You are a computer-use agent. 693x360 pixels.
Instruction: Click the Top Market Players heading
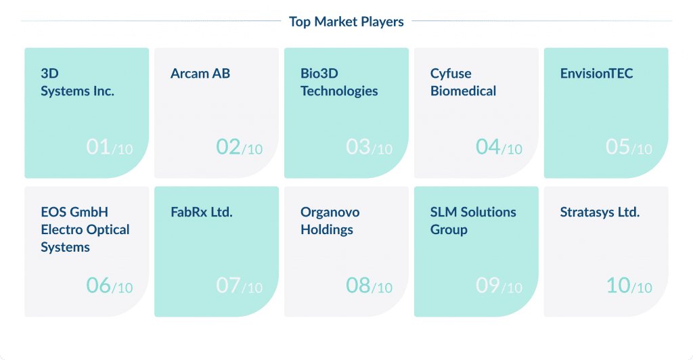(x=346, y=22)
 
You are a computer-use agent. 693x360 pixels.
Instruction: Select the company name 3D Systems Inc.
(x=77, y=83)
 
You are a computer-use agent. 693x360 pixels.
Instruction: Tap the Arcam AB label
(x=200, y=74)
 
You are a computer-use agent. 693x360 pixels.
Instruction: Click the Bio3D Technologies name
(x=339, y=83)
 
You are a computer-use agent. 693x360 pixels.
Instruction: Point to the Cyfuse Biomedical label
(x=463, y=83)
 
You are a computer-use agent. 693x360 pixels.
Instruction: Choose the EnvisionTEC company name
(x=596, y=74)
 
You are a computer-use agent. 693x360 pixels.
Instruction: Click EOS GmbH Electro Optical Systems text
(x=85, y=230)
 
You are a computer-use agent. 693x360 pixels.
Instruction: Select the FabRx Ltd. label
(x=202, y=212)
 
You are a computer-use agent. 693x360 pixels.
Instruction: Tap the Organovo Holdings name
(x=330, y=221)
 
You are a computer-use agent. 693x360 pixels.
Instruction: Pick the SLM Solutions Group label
(x=473, y=221)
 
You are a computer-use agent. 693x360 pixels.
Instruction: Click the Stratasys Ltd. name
(x=600, y=212)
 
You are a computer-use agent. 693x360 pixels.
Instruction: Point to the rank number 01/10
(x=109, y=147)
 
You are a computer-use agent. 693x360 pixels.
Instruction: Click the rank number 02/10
(x=239, y=147)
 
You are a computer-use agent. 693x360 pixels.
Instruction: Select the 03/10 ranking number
(x=369, y=147)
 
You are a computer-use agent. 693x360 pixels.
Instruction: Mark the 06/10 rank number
(x=109, y=286)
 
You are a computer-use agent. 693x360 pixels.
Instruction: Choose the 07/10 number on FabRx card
(x=239, y=286)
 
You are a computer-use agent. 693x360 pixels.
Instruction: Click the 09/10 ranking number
(x=499, y=286)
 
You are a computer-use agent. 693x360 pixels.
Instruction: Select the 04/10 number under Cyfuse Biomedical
(x=499, y=147)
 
